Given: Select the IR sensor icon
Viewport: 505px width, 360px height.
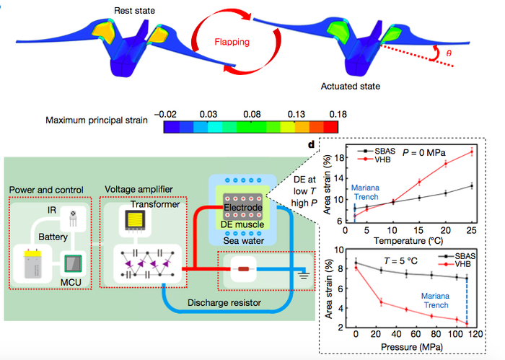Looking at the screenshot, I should click(x=71, y=217).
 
